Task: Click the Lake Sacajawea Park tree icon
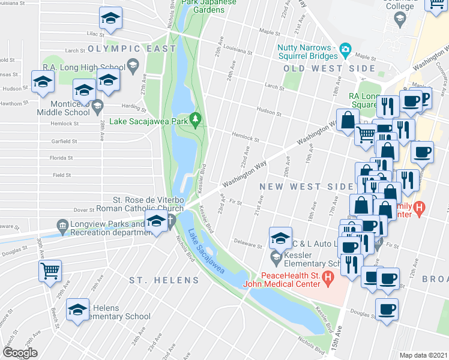click(194, 119)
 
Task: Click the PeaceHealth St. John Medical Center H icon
click(328, 277)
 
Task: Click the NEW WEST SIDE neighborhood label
click(298, 187)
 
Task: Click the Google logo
click(20, 353)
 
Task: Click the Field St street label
click(62, 175)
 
